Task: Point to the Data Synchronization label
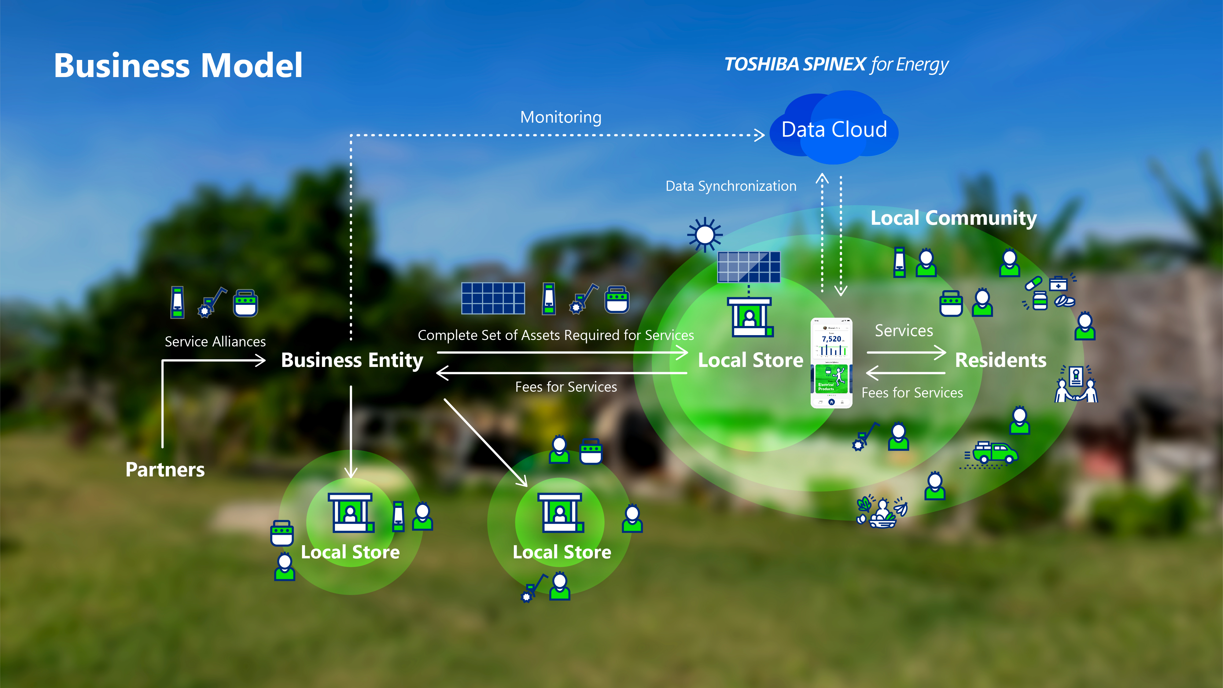pos(731,186)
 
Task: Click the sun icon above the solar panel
pos(705,235)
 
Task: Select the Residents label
pos(1000,360)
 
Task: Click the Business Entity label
pos(352,360)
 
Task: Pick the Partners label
pos(165,470)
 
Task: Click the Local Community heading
pos(953,218)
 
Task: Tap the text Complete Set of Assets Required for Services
pos(555,335)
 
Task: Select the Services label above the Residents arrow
pos(904,331)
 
